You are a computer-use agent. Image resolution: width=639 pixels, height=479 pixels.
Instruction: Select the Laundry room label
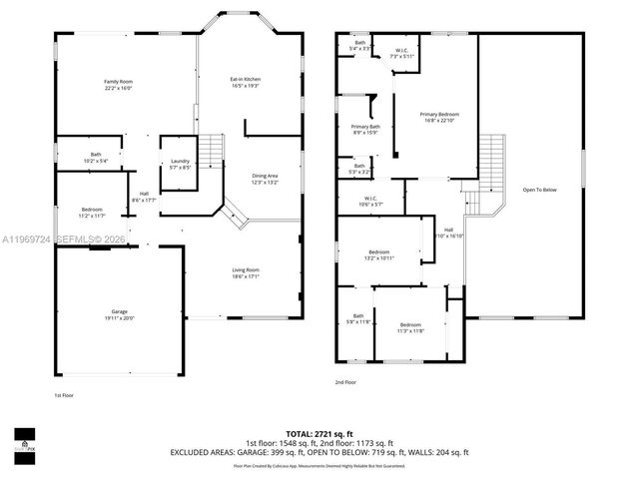click(x=180, y=164)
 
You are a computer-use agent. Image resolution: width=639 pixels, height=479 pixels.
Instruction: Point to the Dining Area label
click(x=265, y=179)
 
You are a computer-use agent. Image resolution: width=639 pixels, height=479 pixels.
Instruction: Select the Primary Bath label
click(x=365, y=130)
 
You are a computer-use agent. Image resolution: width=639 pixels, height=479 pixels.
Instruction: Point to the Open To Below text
click(x=539, y=190)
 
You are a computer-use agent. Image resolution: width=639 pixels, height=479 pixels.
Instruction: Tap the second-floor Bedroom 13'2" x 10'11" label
click(x=379, y=254)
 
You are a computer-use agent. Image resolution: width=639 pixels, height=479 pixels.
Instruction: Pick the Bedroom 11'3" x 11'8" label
click(x=411, y=328)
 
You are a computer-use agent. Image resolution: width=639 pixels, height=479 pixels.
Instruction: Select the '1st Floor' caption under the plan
click(x=64, y=394)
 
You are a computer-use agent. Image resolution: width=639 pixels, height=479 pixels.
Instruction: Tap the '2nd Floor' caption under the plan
click(x=346, y=382)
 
